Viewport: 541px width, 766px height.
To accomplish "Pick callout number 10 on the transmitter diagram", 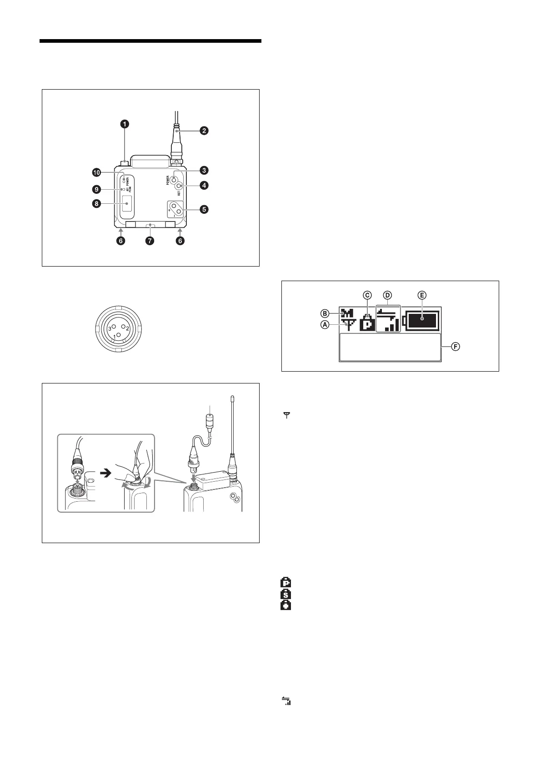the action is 96,172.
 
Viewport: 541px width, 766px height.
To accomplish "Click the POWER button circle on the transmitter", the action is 174,179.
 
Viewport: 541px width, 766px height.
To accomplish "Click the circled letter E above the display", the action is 422,295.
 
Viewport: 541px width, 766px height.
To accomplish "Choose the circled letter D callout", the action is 387,295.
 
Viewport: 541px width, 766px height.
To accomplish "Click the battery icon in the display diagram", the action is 422,319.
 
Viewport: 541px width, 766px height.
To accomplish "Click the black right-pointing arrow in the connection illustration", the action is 105,473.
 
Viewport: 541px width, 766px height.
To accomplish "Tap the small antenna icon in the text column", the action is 287,415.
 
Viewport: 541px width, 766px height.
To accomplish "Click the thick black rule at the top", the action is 150,41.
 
